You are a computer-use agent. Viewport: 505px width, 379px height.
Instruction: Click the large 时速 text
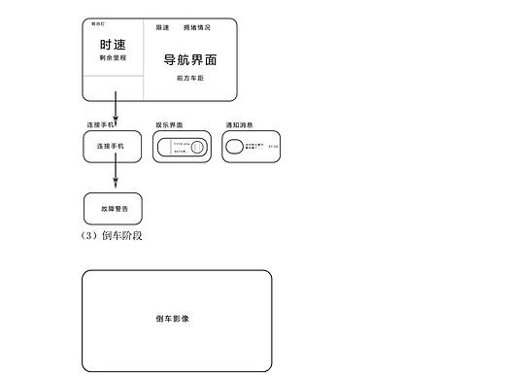coord(113,45)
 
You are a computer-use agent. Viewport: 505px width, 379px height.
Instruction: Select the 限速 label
coord(162,27)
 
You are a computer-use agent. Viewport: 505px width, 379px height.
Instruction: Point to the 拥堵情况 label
coord(196,27)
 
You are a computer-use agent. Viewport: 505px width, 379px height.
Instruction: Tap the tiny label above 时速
coord(97,21)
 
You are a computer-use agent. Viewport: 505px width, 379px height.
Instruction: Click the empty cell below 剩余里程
coord(113,88)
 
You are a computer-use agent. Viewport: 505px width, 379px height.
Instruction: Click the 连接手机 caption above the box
coord(100,124)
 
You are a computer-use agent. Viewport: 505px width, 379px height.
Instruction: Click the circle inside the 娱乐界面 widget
coord(197,147)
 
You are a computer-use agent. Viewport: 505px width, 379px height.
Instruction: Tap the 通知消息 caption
coord(239,124)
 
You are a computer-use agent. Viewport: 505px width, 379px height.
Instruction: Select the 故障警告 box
coord(113,209)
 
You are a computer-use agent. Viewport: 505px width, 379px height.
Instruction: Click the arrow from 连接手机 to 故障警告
coord(116,175)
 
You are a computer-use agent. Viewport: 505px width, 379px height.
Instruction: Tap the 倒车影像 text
coord(172,319)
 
